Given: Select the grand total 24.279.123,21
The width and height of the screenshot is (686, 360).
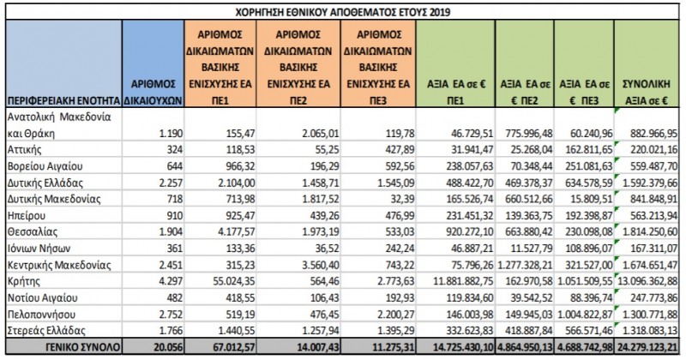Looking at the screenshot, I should click(647, 347).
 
